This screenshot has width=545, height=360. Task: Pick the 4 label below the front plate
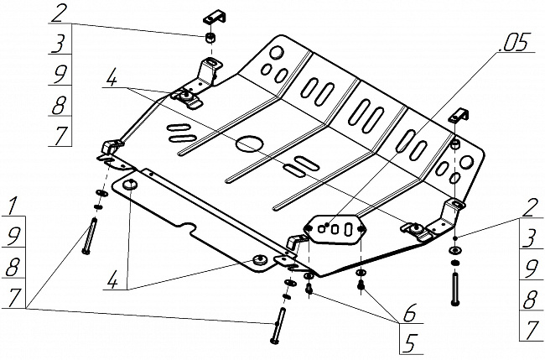[x=112, y=284]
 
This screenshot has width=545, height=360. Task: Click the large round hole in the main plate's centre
[x=248, y=143]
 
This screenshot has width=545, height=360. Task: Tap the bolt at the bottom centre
[x=278, y=327]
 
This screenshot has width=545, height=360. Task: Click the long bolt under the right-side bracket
[x=455, y=290]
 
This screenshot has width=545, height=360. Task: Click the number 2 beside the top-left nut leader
[x=58, y=13]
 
